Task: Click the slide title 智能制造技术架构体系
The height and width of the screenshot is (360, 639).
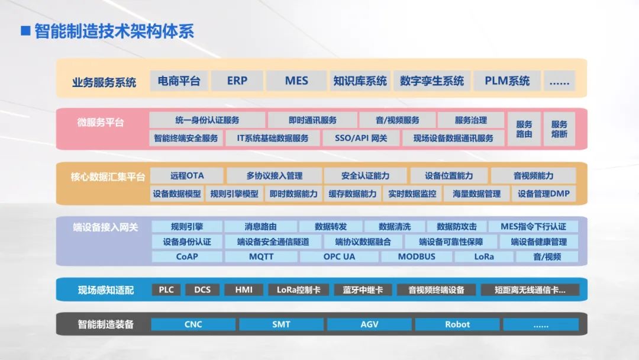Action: pos(114,31)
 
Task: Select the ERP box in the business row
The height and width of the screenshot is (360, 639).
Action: pos(237,81)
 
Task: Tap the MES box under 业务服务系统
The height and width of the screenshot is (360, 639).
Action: pos(296,81)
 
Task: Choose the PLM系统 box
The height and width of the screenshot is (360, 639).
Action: pos(507,81)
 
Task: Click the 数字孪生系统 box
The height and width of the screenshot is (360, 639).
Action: pos(432,81)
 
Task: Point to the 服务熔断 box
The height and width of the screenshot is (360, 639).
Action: pos(559,129)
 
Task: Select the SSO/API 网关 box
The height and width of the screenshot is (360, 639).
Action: pos(361,138)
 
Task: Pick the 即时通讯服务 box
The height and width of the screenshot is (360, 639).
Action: pos(312,120)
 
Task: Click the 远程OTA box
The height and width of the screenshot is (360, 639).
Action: pos(187,176)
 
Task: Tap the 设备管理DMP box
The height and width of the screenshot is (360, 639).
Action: pos(543,194)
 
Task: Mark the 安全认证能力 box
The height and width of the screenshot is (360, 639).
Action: pos(365,176)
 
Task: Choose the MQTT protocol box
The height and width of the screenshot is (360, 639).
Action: pos(261,257)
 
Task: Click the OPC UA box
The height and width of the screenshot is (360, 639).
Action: pos(339,257)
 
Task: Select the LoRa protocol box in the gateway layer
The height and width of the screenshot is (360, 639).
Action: pos(483,257)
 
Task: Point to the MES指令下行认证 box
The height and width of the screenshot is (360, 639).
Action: pos(533,227)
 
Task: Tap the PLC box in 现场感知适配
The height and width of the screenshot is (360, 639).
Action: pos(166,290)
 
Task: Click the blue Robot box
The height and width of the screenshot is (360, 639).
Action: pos(457,324)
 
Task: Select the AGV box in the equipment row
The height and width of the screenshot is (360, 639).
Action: pos(369,324)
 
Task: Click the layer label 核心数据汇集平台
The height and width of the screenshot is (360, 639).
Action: pos(108,176)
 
